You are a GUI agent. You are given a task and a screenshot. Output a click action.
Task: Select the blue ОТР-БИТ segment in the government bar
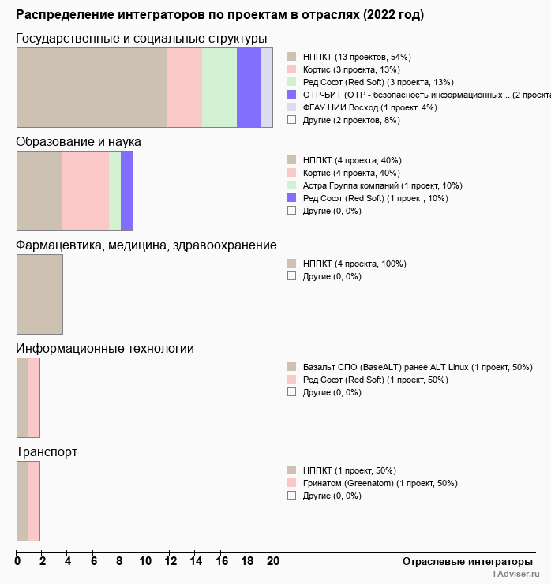(248, 88)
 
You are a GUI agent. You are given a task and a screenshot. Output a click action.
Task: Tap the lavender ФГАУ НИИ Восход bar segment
(267, 88)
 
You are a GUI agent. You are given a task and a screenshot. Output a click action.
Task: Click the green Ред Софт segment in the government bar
(219, 88)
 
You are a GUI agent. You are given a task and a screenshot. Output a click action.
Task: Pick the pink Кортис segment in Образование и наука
(85, 191)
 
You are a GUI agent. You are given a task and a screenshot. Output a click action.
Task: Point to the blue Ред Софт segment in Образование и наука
(127, 191)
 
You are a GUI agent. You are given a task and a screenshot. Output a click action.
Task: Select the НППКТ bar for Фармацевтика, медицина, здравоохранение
(39, 294)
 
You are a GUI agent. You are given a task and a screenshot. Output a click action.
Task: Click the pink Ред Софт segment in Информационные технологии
(34, 398)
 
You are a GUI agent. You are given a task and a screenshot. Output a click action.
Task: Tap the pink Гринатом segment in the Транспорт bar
(34, 501)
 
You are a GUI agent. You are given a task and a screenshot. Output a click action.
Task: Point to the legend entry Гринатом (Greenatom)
(380, 483)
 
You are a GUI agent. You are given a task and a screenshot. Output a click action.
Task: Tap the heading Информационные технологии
(105, 349)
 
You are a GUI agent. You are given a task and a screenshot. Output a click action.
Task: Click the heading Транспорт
(47, 452)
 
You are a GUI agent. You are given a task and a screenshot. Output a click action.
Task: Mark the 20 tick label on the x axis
(272, 562)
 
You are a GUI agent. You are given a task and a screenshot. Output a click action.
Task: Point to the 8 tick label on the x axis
(119, 562)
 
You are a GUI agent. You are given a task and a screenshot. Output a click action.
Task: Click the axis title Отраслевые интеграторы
(463, 562)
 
